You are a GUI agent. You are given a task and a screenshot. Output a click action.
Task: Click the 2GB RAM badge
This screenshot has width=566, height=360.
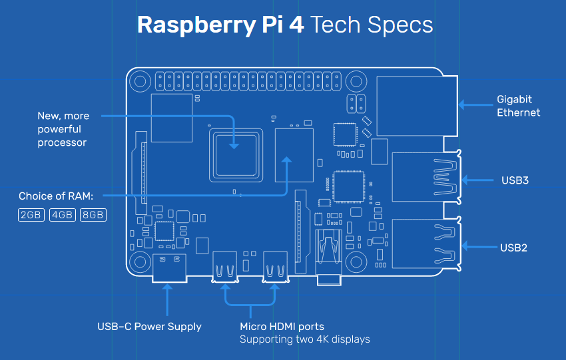31,215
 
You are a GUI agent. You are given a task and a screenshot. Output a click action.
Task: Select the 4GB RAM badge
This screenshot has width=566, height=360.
62,215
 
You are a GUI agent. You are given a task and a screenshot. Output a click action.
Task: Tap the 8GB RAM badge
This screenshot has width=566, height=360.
93,215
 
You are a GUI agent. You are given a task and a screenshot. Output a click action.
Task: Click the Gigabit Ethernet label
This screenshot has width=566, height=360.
518,106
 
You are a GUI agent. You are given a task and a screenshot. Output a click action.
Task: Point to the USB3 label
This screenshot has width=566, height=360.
515,180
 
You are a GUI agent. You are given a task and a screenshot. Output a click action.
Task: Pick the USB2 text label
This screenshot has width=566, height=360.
513,248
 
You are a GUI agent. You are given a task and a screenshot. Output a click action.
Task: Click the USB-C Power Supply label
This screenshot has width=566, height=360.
149,326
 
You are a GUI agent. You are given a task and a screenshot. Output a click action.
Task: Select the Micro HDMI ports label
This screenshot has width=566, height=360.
282,326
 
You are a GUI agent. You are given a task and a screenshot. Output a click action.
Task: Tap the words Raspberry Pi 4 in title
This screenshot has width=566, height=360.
220,25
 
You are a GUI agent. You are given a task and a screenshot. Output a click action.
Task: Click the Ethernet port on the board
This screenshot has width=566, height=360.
416,106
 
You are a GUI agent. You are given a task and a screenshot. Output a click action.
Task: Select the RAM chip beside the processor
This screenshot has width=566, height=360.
294,155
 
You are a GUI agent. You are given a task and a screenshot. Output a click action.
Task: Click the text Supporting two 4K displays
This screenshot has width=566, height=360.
304,339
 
